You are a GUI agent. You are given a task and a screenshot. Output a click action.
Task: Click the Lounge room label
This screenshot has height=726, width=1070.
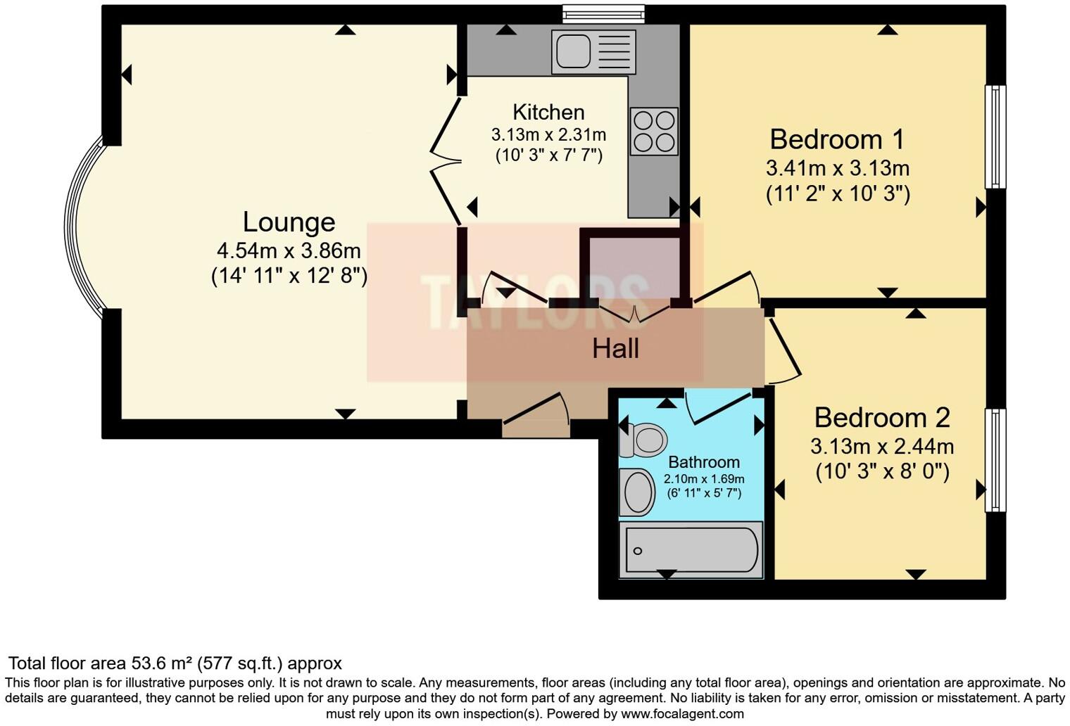tap(289, 222)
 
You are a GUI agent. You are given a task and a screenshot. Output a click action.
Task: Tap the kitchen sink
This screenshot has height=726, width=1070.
tap(593, 51)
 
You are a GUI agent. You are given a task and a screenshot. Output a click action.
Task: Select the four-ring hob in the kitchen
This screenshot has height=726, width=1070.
tap(654, 132)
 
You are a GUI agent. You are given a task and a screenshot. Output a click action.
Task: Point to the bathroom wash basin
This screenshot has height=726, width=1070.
tap(638, 492)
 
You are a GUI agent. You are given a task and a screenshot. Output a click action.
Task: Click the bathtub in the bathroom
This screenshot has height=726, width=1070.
tap(691, 550)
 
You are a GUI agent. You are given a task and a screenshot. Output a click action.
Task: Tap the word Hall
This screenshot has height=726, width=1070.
tap(615, 349)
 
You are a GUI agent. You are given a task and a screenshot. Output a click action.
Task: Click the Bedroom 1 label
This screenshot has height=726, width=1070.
tap(836, 139)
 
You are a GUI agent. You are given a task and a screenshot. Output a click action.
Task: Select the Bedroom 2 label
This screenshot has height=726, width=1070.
tap(881, 418)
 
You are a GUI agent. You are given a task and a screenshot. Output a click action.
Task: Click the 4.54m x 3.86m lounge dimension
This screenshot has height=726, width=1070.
tap(289, 250)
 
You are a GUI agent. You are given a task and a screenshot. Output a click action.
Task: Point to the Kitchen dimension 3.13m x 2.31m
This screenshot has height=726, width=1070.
tap(548, 134)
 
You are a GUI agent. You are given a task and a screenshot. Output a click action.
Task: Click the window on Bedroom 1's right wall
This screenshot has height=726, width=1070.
tap(995, 136)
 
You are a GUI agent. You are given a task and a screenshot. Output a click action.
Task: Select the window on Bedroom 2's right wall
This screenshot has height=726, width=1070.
tap(995, 460)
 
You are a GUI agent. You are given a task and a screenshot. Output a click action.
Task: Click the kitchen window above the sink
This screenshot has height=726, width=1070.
tap(603, 13)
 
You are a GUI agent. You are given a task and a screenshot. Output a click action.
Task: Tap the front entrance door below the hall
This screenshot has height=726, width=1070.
tap(536, 419)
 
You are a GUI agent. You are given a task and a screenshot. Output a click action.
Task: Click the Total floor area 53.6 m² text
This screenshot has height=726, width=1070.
tap(175, 663)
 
